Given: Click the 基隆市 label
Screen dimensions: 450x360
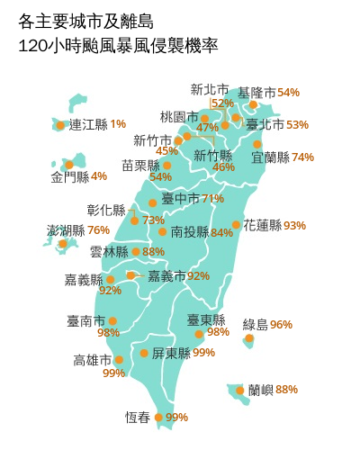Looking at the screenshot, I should point(256,93).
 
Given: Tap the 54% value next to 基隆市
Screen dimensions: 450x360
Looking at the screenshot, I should point(288,93).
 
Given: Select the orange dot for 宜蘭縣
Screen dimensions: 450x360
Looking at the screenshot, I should point(257,144).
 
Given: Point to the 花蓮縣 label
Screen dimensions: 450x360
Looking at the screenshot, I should point(262,225).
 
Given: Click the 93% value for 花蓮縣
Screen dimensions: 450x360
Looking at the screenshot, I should point(294,225).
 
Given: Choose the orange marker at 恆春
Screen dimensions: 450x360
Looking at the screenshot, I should point(159,417).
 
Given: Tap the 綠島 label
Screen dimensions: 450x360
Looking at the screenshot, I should point(256,324).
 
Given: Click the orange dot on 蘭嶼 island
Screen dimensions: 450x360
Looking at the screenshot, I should point(239,391).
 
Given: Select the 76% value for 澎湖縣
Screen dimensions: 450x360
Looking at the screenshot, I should point(99,230).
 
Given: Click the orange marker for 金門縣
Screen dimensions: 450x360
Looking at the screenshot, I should point(68,165).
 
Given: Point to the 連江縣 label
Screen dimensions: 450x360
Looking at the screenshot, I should point(88,124).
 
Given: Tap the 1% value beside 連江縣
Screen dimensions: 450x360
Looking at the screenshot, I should point(118,124).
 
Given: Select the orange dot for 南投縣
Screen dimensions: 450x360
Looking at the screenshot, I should point(162,232).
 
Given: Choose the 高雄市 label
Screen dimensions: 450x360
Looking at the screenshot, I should point(93,360).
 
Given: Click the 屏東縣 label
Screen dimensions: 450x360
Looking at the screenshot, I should point(170,353).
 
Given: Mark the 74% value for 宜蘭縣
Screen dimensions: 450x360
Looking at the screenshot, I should point(302,157).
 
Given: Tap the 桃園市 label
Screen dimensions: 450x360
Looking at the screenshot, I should point(178,117).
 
